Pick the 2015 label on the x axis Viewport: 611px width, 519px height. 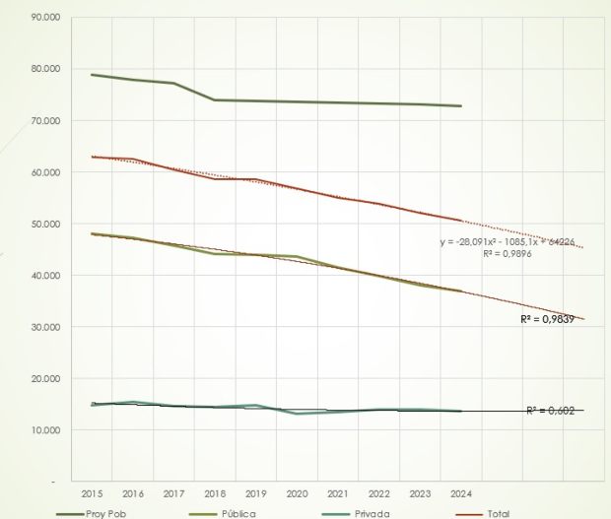[93, 491]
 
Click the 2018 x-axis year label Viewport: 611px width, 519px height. [214, 491]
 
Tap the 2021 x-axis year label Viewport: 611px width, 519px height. [336, 491]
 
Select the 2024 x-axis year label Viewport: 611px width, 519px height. [458, 491]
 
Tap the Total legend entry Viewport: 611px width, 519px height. [498, 513]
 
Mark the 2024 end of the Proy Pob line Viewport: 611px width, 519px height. [460, 106]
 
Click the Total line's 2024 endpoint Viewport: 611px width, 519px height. [460, 221]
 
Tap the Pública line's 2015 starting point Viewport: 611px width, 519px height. [93, 233]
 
